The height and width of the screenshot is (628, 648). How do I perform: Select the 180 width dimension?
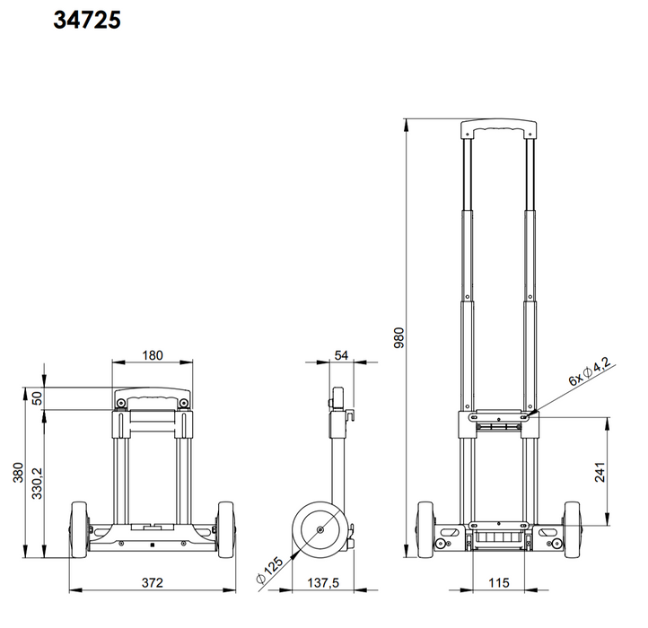click(153, 354)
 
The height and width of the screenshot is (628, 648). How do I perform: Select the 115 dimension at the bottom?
click(499, 583)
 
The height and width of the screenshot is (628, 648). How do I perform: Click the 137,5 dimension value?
click(323, 583)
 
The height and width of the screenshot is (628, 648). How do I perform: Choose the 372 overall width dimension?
click(153, 583)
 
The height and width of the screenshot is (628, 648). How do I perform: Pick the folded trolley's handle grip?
click(153, 397)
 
